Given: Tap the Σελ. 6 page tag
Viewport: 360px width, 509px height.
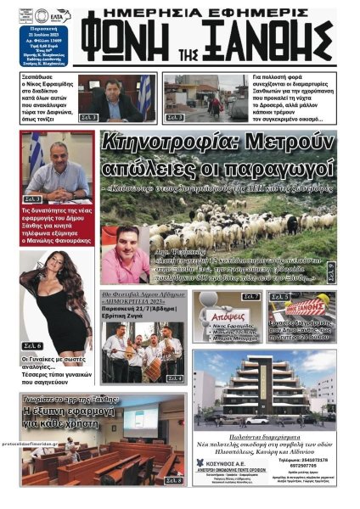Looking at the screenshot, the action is pyautogui.click(x=33, y=345).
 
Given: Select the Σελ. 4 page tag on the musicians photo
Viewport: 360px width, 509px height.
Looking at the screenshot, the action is pyautogui.click(x=174, y=378).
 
